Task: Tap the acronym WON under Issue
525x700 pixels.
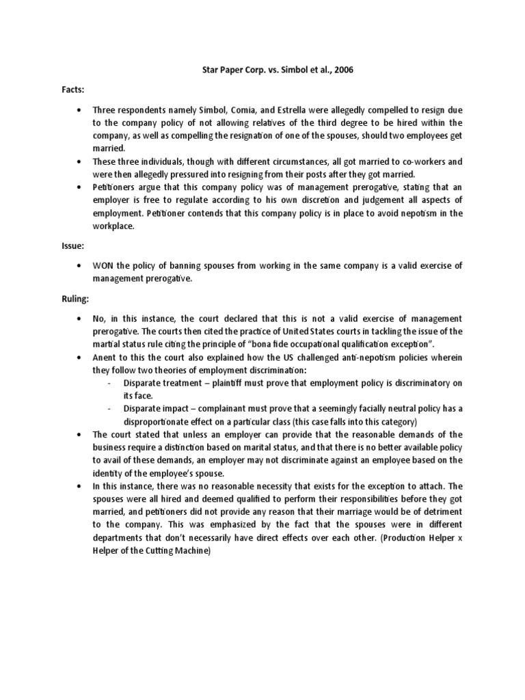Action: [106, 265]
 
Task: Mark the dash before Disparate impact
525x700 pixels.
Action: [110, 408]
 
